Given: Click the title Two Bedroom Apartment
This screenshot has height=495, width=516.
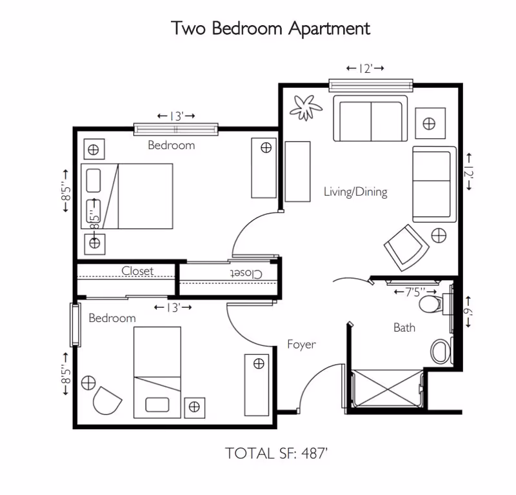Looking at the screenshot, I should pos(270,28).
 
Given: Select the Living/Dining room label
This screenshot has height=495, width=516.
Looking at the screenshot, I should pos(355,192).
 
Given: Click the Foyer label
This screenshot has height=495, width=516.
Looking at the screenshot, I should pos(301,345).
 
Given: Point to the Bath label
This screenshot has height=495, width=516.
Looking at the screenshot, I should pos(404,328).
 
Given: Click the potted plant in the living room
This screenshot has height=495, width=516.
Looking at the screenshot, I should pos(306,107).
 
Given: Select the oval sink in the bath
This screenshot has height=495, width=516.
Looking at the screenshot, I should pos(440,351).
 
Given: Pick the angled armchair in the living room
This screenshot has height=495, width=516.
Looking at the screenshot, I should pos(406,247).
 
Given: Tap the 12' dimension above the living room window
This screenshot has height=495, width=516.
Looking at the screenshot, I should pos(365,68).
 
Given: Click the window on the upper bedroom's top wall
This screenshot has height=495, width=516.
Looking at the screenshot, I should pos(176,129).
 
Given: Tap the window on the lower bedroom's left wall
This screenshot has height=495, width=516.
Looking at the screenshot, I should pos(75,324).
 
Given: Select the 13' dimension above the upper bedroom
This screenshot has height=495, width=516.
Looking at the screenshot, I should pos(176,116).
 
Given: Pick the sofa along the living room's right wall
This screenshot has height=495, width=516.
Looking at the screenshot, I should pos(433,184).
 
